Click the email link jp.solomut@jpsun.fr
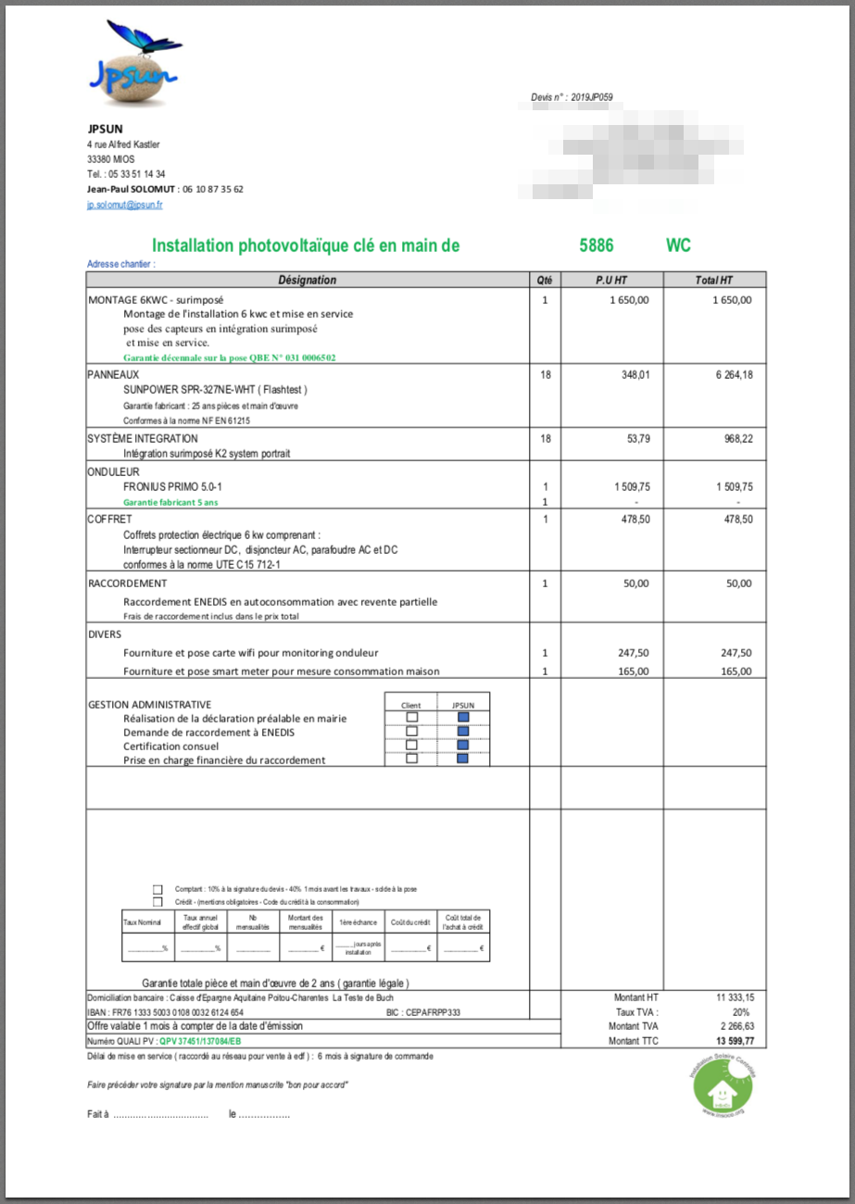pos(125,205)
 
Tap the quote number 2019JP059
pos(592,96)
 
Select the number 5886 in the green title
pos(596,245)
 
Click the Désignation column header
pos(308,280)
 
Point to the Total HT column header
pos(714,280)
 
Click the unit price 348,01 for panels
pos(632,374)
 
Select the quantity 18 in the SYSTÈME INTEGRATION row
pos(545,438)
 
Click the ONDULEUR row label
pos(113,471)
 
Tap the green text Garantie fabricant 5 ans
pos(170,502)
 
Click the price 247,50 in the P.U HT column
pos(633,652)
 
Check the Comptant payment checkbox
pos(157,889)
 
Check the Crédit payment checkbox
pos(157,901)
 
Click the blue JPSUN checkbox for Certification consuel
pos(463,745)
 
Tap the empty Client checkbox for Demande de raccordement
pos(412,731)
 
